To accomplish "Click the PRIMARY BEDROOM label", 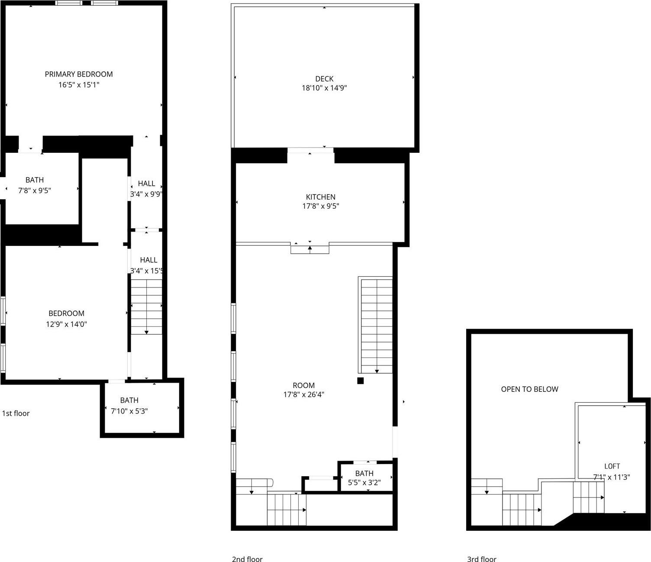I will pos(79,74).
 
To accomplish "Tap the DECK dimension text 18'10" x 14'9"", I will pos(324,88).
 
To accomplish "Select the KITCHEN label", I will pos(320,197).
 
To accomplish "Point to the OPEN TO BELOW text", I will pos(529,389).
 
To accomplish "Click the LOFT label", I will pos(612,466).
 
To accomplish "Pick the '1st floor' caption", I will pos(16,413).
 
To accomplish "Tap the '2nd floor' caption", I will pos(247,559).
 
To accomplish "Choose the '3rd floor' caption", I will pos(481,559).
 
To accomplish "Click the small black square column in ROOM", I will pos(360,381).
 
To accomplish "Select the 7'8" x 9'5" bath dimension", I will pos(35,190).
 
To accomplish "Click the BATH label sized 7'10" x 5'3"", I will pos(129,400).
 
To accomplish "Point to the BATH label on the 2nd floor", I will pos(364,473).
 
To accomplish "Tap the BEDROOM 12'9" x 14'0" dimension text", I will pos(67,324).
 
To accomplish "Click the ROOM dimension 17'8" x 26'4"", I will pos(303,394).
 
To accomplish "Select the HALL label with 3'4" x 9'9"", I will pos(146,184).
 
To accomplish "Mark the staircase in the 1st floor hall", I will pos(146,307).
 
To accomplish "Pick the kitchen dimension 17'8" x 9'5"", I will pos(320,206).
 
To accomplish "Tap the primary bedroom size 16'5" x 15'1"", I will pos(79,85).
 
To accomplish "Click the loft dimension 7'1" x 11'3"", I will pos(611,477).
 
